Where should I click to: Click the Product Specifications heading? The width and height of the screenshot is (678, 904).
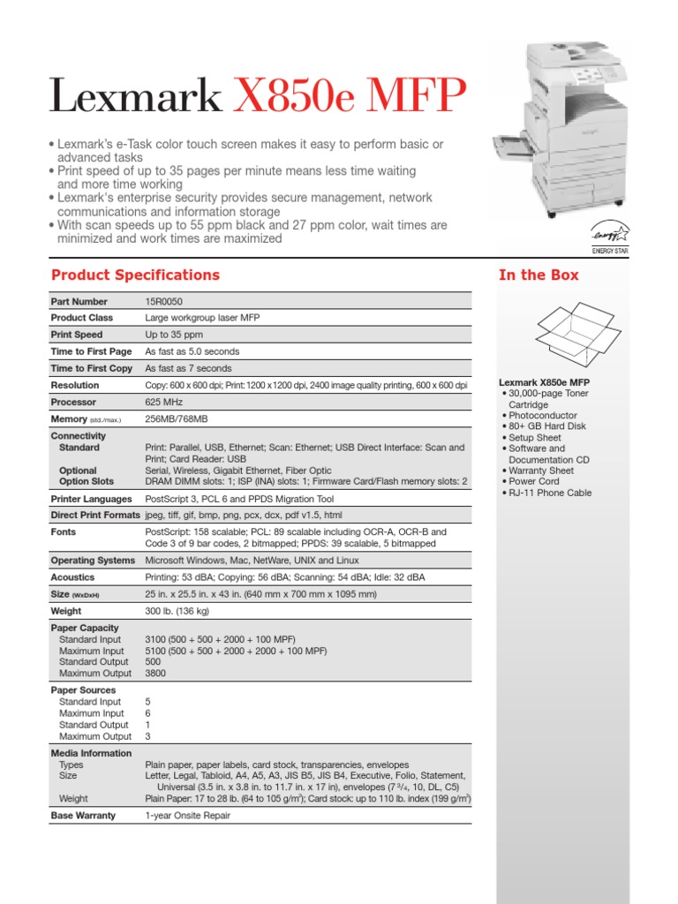[x=135, y=275]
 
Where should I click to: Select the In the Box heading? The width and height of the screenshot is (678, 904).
[x=539, y=275]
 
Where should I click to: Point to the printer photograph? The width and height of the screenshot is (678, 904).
[x=575, y=128]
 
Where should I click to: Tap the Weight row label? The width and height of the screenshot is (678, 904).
[x=66, y=611]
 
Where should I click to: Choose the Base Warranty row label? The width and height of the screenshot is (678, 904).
[x=83, y=816]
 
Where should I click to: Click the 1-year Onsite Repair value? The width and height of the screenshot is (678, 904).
[x=187, y=816]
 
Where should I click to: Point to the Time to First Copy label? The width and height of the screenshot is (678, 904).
[x=91, y=368]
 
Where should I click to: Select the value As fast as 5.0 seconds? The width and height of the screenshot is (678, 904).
[x=192, y=351]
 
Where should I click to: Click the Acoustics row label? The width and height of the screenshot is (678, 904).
[x=72, y=577]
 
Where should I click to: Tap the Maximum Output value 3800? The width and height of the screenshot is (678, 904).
[x=155, y=673]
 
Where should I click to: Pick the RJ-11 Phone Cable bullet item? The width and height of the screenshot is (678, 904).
[x=550, y=493]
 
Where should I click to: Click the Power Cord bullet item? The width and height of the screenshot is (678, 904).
[x=534, y=482]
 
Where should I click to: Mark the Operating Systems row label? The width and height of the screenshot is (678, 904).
[x=93, y=561]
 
